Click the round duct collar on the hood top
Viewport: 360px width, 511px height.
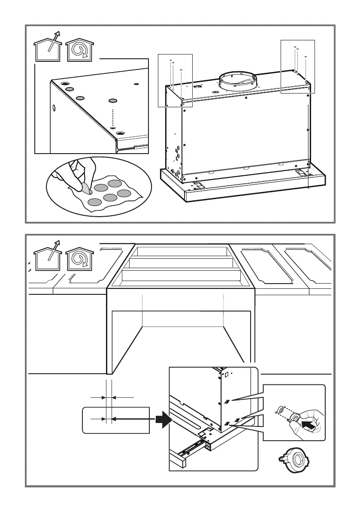point(238,82)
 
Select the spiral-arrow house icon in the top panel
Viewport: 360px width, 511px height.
point(80,50)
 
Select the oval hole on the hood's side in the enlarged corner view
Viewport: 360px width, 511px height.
point(54,108)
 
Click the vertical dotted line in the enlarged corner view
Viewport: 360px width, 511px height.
point(113,116)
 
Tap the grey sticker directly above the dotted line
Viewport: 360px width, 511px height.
point(113,101)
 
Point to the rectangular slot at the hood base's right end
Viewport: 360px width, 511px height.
point(301,172)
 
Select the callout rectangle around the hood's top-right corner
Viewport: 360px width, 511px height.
point(297,66)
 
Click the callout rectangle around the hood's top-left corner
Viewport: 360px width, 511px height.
point(175,80)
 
